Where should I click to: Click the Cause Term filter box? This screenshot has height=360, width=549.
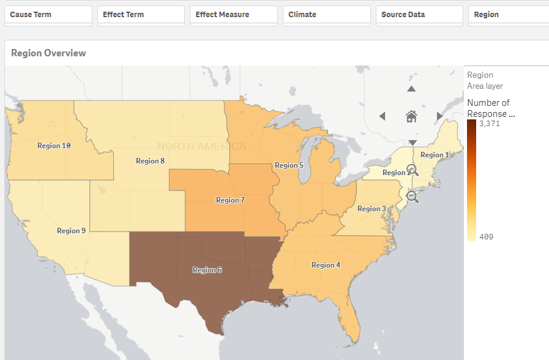(48, 15)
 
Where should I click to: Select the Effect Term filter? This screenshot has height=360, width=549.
(141, 15)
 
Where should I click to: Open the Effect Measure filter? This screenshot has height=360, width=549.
(234, 15)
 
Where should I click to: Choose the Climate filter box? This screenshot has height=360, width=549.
(327, 15)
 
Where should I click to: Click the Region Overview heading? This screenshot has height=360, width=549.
(48, 53)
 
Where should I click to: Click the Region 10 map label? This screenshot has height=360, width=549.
(54, 146)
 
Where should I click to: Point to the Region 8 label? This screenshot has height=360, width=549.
(150, 161)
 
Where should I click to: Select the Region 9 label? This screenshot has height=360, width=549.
(72, 231)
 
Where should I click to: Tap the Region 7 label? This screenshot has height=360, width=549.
(230, 200)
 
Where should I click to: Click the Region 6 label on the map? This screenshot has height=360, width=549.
(207, 270)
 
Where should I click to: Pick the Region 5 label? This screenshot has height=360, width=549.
(289, 165)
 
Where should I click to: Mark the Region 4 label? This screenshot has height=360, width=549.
(326, 265)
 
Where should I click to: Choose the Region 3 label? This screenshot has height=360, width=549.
(372, 209)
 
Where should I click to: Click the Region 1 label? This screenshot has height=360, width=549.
(435, 155)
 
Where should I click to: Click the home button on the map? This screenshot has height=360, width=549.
(411, 116)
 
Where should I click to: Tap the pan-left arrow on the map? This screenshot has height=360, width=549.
(383, 116)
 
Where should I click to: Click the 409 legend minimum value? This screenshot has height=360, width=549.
(486, 237)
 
